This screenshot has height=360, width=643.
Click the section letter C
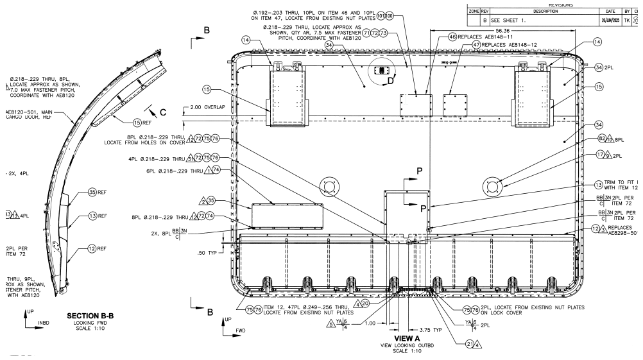[162, 112]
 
